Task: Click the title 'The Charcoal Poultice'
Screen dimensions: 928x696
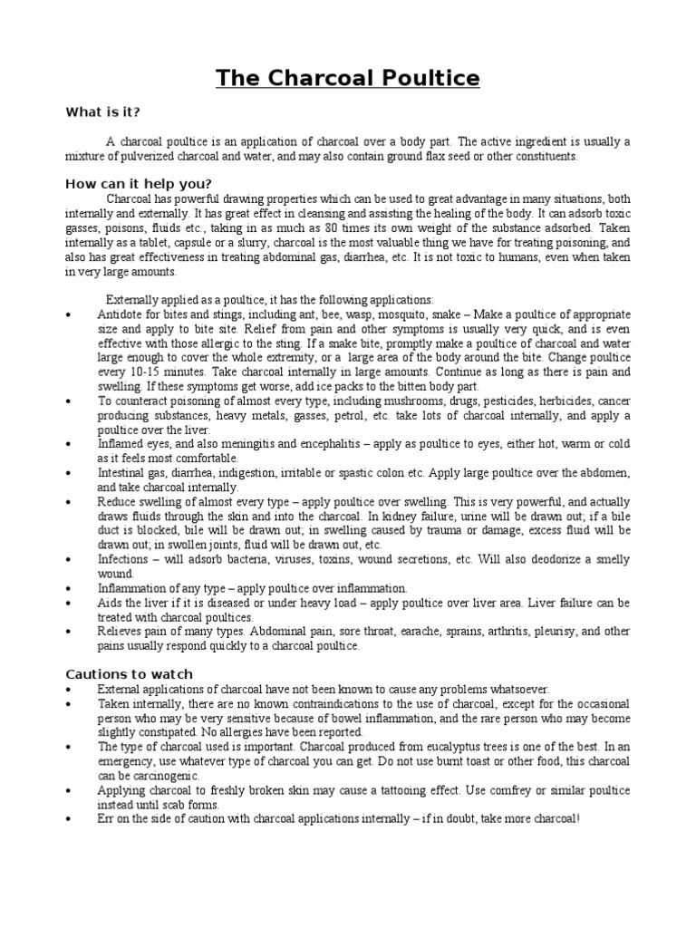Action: [348, 79]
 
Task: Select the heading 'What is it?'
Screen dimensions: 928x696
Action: [102, 112]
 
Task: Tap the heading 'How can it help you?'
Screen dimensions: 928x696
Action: [138, 184]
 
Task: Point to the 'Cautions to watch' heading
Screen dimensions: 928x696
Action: [129, 674]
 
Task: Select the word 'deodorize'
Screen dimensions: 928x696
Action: [547, 559]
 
